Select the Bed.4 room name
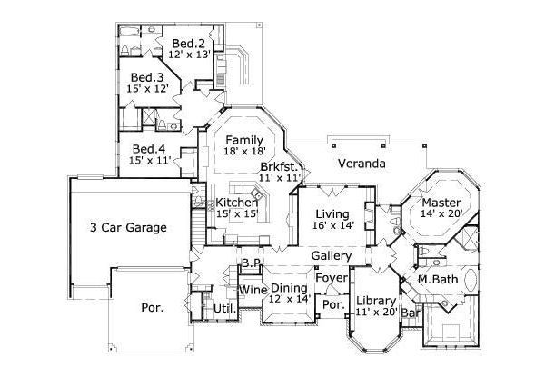(148, 149)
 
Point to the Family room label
(244, 140)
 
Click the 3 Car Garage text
(127, 228)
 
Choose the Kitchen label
(236, 202)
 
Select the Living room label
(332, 213)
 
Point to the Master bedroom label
(441, 203)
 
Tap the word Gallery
(331, 257)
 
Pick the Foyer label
(332, 278)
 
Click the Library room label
(374, 301)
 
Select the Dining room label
(290, 287)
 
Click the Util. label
(224, 310)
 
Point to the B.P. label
(252, 264)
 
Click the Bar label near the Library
(411, 313)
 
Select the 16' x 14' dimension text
(332, 224)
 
